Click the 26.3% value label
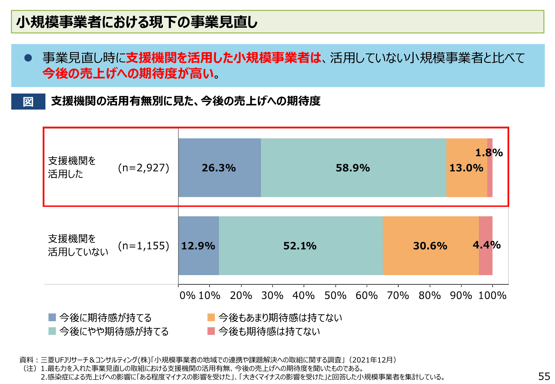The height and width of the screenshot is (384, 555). pyautogui.click(x=219, y=168)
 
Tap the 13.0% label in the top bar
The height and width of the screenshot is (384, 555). pyautogui.click(x=466, y=168)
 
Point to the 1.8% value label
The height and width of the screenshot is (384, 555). pyautogui.click(x=489, y=153)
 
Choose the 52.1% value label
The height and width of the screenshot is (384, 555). pyautogui.click(x=300, y=246)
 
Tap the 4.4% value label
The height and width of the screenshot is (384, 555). pyautogui.click(x=486, y=245)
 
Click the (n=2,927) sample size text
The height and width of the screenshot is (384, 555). pyautogui.click(x=143, y=168)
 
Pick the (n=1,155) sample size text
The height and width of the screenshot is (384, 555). pyautogui.click(x=143, y=246)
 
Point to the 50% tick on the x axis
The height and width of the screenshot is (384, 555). pyautogui.click(x=335, y=295)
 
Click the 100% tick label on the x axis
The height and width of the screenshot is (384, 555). pyautogui.click(x=492, y=295)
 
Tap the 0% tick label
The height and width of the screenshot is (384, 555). pyautogui.click(x=187, y=295)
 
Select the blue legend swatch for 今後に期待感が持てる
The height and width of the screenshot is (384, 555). pyautogui.click(x=52, y=317)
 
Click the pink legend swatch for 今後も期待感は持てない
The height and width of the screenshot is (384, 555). pyautogui.click(x=211, y=331)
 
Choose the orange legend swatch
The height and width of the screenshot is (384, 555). pyautogui.click(x=211, y=317)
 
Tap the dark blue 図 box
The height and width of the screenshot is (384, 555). pyautogui.click(x=28, y=101)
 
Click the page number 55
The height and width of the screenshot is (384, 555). pyautogui.click(x=544, y=376)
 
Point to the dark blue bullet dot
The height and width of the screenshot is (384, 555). pyautogui.click(x=28, y=58)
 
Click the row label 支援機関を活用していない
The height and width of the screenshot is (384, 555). pyautogui.click(x=78, y=245)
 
